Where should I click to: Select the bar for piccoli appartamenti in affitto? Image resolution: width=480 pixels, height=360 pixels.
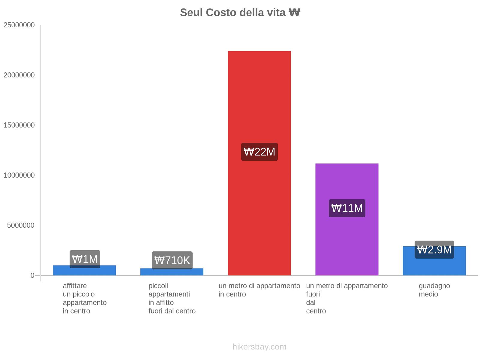pos(172,272)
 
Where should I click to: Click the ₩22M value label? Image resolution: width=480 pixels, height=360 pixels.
pos(259,152)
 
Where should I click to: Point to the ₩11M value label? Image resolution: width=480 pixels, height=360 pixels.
pos(347,208)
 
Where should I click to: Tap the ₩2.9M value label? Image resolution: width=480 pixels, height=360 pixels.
pos(434,250)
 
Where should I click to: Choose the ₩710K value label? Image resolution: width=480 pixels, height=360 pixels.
pos(172,260)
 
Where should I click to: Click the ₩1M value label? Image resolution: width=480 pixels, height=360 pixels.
pos(85,259)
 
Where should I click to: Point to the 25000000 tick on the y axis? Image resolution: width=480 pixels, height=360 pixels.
pos(19,25)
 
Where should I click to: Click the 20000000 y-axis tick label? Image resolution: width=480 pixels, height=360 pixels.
pos(19,75)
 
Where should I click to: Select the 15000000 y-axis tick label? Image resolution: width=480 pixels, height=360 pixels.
pos(19,125)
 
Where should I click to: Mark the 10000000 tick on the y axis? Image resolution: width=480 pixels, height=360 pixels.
pos(19,175)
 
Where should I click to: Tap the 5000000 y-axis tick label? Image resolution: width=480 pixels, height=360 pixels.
pos(21,225)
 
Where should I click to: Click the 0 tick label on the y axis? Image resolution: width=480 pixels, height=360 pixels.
pos(32,275)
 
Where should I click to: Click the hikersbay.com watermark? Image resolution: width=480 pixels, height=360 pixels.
pos(259,347)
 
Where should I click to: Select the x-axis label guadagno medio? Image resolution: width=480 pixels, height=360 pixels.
pos(434,290)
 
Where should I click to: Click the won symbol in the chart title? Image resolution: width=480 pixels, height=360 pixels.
pos(294,13)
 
